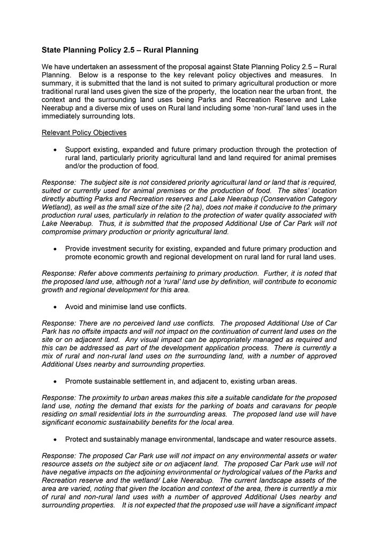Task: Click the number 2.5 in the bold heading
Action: coord(118,50)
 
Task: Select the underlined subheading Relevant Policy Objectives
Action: coord(84,133)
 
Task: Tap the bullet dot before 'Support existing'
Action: coord(55,150)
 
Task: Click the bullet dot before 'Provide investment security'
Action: coord(55,249)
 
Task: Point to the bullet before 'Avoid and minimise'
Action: coord(55,307)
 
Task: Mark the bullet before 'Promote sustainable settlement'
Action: coord(55,382)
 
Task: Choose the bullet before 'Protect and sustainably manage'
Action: coord(55,440)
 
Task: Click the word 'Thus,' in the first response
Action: coord(108,224)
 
